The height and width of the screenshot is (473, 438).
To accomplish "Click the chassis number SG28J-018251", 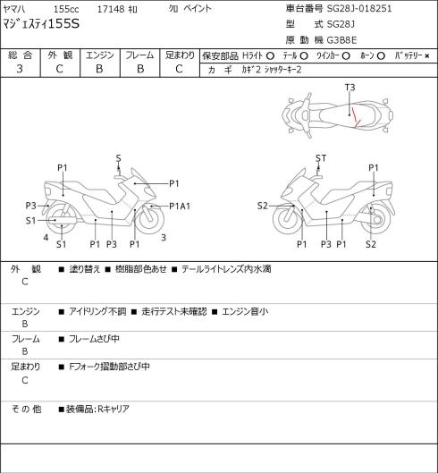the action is coord(359,8).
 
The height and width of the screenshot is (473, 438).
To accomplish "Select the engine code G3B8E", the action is coord(341,40).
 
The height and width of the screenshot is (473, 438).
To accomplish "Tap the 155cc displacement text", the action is coord(66,9).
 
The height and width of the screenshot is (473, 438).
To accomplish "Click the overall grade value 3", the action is coord(20,69).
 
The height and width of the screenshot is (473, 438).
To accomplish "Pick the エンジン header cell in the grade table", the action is coord(100,55).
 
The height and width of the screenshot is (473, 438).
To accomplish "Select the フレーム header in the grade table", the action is coord(139,55).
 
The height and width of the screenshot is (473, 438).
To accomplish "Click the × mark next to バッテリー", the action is coord(427,56).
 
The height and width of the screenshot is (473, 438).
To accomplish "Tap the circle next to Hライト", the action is coord(270,56).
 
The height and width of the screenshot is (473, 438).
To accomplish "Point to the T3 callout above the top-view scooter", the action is coord(350,88).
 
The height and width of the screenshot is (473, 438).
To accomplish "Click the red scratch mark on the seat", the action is coord(357,118).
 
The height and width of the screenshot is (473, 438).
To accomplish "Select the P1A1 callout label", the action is coord(180,207).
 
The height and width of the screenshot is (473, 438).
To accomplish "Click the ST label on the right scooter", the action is coord(321,158).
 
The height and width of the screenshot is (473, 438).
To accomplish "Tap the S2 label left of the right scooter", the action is coord(263,206).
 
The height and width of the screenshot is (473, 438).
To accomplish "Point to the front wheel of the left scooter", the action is coord(150,219).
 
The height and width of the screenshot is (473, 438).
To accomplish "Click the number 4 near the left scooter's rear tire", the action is coord(46,238).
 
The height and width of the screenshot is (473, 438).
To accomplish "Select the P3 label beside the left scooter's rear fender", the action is coord(30,206).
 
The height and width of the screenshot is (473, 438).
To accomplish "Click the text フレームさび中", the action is coord(94,339).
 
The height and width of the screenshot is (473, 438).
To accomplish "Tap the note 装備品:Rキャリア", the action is coord(97,409).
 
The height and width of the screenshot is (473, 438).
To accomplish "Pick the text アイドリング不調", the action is coord(97,311).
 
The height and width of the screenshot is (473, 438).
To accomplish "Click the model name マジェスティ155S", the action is coord(41,24).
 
